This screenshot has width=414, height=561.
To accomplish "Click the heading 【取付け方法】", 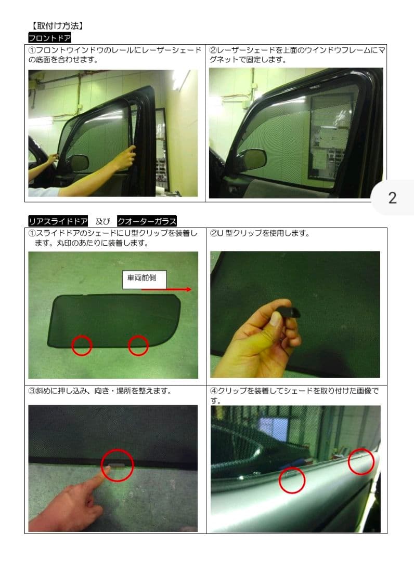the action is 57,26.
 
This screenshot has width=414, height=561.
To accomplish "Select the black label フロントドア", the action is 50,37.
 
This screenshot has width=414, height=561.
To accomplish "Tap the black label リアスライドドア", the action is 58,221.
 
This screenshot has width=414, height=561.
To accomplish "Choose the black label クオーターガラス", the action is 147,221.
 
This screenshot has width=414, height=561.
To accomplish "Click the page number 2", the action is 393,198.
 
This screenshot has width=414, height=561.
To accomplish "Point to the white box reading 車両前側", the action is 144,279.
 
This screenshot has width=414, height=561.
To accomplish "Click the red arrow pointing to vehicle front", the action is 167,289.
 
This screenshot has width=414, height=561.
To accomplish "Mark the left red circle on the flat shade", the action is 82,345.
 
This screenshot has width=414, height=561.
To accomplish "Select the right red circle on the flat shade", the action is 138,345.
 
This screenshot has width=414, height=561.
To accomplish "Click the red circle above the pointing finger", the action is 118,465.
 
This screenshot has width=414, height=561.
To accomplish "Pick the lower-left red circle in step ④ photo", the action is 292,480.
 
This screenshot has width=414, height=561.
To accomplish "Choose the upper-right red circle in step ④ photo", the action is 361,462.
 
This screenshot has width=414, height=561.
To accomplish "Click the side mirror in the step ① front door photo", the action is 79,163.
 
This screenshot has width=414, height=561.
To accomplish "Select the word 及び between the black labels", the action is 103,221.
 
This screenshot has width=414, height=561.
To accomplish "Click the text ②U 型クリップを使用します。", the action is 260,233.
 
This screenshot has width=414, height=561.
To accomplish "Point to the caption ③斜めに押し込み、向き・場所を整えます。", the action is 99,391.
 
